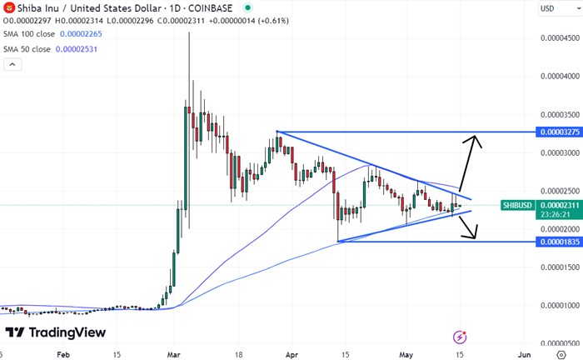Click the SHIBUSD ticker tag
click(517, 205)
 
